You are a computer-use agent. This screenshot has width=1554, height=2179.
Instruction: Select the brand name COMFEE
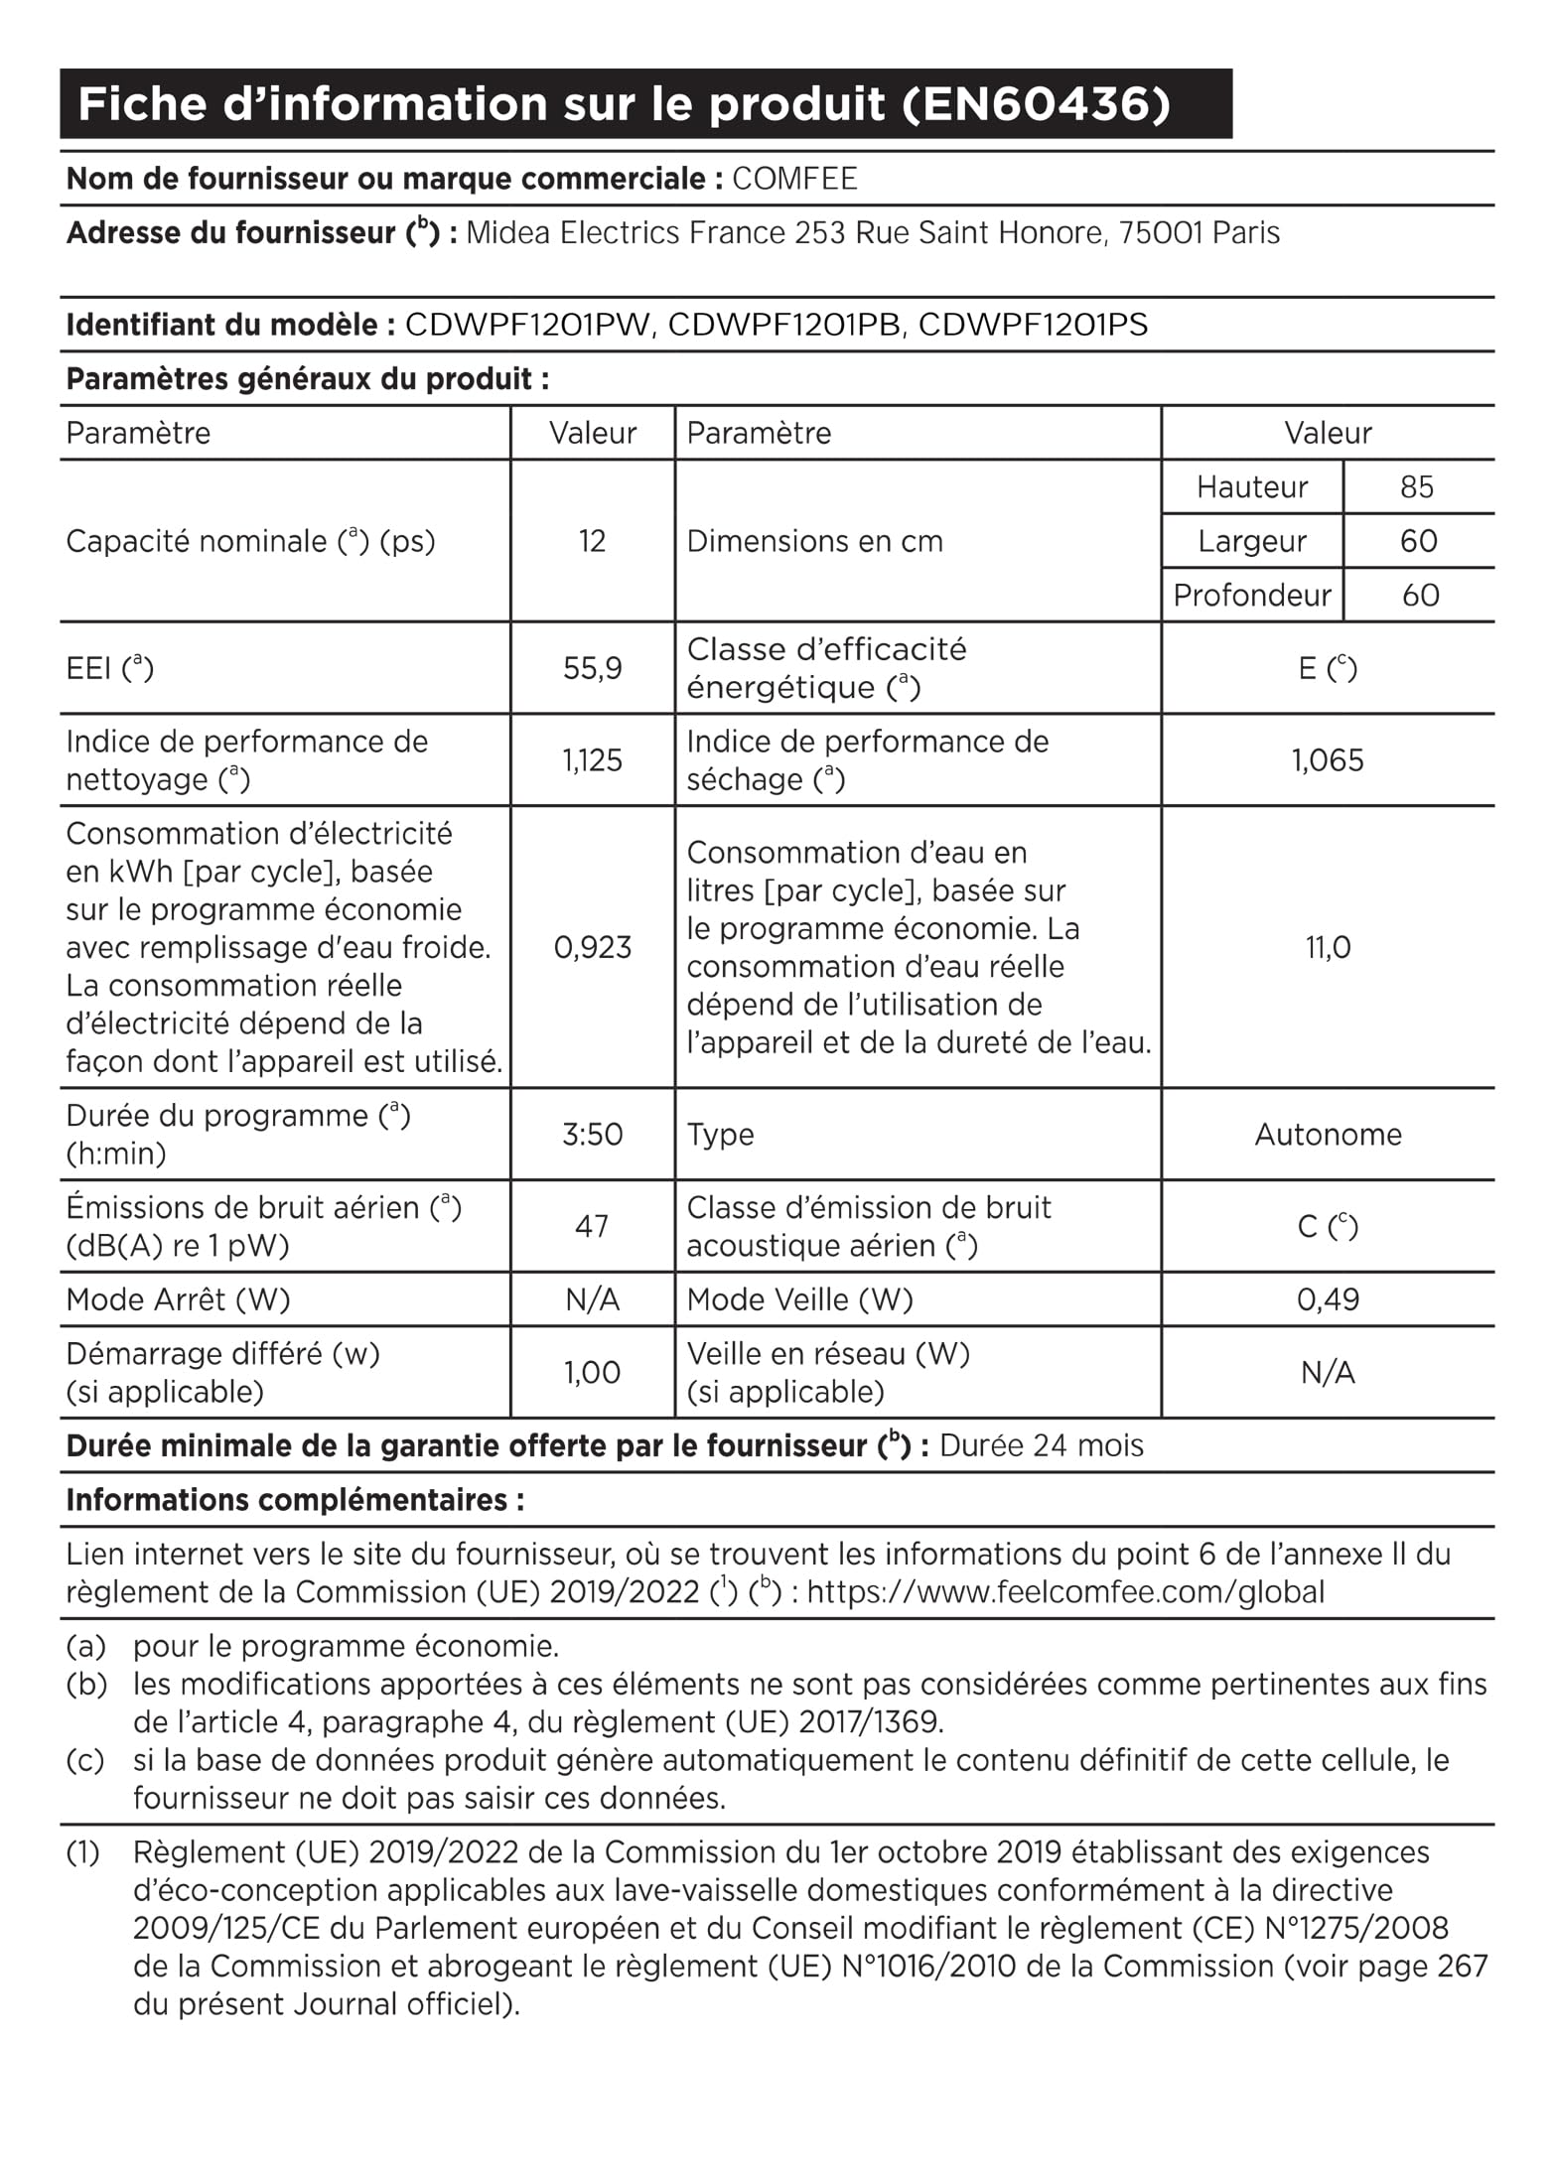794,179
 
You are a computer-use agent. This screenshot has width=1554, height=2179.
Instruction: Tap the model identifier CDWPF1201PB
784,325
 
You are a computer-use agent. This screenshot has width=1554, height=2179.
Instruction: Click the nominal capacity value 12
592,541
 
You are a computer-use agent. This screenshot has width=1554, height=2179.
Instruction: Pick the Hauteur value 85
1417,486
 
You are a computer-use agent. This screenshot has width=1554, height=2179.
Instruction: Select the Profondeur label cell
1251,595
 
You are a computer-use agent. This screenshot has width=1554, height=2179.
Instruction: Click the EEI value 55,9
592,668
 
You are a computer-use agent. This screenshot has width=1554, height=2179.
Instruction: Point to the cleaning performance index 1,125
592,760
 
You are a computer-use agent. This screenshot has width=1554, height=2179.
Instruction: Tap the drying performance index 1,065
1328,760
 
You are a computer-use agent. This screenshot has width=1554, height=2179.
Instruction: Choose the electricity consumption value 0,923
592,947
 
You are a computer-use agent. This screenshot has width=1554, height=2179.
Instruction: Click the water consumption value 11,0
1328,947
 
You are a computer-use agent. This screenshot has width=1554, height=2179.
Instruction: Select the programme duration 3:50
592,1134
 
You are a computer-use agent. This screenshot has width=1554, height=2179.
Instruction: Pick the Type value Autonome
1328,1134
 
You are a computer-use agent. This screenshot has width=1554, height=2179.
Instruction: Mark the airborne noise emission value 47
592,1226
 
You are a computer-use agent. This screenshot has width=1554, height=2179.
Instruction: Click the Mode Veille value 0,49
1328,1299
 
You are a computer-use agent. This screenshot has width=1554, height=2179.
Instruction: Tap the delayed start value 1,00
592,1372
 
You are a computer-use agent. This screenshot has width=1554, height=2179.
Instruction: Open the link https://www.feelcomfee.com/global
1065,1592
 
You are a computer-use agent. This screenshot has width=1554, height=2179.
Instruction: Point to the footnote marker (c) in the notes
85,1760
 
